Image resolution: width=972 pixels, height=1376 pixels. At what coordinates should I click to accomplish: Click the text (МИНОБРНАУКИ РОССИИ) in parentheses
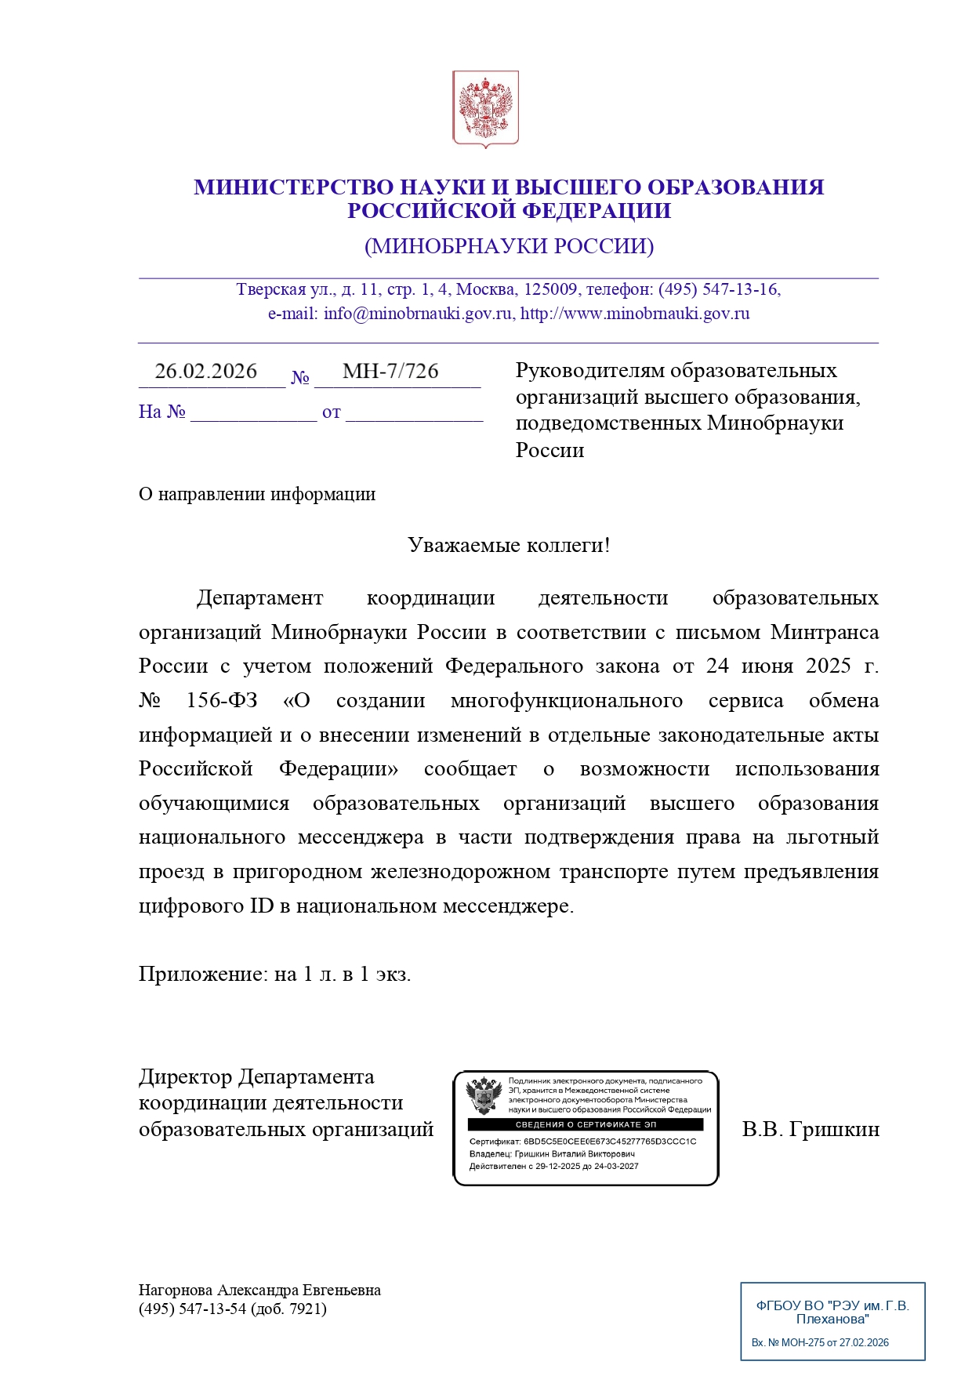509,246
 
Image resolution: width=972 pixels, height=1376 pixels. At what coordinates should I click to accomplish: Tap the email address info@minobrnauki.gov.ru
418,314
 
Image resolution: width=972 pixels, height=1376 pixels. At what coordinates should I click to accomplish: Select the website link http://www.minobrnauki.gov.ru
635,314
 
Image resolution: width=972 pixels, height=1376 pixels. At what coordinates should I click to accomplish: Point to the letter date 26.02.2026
205,371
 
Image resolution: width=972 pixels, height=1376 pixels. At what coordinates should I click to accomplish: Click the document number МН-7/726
390,371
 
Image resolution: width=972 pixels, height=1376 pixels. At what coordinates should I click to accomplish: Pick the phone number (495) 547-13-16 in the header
719,289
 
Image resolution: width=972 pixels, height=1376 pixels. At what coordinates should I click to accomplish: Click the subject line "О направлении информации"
257,494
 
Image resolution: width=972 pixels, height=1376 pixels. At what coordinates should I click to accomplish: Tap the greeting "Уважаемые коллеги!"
509,545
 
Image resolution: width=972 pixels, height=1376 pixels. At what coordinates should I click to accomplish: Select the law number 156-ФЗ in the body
222,700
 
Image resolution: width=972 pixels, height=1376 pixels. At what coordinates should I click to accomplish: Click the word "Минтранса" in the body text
825,632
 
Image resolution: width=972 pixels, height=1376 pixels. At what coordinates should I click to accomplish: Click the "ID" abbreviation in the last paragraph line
262,906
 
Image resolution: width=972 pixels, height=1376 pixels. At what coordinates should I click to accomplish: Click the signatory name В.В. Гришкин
811,1129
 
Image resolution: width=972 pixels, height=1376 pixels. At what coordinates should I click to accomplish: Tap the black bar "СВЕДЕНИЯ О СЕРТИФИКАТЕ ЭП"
586,1124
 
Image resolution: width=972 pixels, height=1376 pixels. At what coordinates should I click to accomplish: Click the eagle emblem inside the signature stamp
484,1095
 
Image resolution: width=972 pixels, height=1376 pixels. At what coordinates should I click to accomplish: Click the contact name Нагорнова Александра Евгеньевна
259,1290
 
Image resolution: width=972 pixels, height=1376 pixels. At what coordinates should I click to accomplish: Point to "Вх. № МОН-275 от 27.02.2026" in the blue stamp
820,1342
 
